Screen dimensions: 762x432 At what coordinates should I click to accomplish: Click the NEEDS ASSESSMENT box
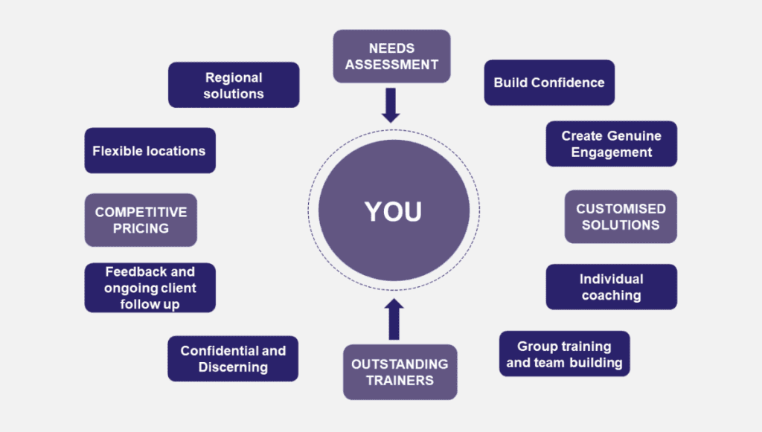[x=391, y=57]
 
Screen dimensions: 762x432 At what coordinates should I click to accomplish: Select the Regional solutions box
[x=234, y=85]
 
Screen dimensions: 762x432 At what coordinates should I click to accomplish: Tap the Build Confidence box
[x=549, y=83]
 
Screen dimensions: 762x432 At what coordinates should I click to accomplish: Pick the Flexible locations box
[x=150, y=150]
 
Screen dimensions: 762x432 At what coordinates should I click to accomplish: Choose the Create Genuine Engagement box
[x=612, y=144]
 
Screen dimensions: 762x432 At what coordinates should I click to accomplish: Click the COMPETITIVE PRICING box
[x=141, y=220]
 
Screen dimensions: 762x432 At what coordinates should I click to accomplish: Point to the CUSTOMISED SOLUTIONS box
[x=621, y=216]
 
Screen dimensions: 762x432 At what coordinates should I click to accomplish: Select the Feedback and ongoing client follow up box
[x=150, y=287]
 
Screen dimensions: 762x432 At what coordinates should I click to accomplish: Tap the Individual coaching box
[x=612, y=287]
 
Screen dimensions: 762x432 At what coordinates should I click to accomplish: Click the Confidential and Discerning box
[x=233, y=358]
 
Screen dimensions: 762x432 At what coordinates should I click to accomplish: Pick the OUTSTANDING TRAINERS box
[x=400, y=373]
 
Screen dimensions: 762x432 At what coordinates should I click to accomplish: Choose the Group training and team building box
[x=565, y=354]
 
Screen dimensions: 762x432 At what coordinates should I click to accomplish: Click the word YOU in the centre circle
[x=393, y=212]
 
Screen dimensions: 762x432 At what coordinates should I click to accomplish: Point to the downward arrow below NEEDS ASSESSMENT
[x=391, y=106]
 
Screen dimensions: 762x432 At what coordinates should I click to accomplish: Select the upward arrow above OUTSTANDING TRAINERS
[x=394, y=319]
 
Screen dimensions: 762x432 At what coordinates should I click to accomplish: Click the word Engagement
[x=612, y=152]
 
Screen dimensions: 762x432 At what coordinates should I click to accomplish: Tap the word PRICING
[x=141, y=228]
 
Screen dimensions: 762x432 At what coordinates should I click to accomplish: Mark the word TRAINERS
[x=400, y=381]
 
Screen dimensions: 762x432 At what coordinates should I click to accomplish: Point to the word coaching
[x=612, y=296]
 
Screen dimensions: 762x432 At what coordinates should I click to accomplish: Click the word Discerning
[x=233, y=367]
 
